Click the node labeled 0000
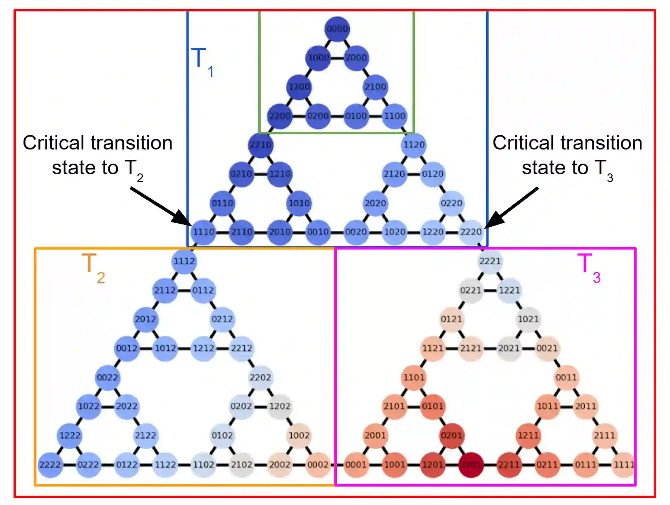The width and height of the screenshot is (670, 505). [337, 29]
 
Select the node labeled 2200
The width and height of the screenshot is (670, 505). [280, 116]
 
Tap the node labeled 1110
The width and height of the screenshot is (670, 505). [203, 232]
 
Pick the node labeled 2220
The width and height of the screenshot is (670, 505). [471, 232]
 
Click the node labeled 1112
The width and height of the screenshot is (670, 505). [184, 261]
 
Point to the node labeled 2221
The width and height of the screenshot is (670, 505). [490, 261]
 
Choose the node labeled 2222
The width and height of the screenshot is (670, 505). [50, 465]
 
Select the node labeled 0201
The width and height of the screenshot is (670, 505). [451, 435]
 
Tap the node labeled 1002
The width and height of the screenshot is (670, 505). [299, 435]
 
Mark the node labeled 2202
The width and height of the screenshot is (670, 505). [260, 377]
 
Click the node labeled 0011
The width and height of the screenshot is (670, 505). [566, 377]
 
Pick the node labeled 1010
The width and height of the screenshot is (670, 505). [299, 203]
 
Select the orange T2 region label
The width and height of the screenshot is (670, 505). [93, 267]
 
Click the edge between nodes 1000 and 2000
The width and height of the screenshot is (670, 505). [337, 58]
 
